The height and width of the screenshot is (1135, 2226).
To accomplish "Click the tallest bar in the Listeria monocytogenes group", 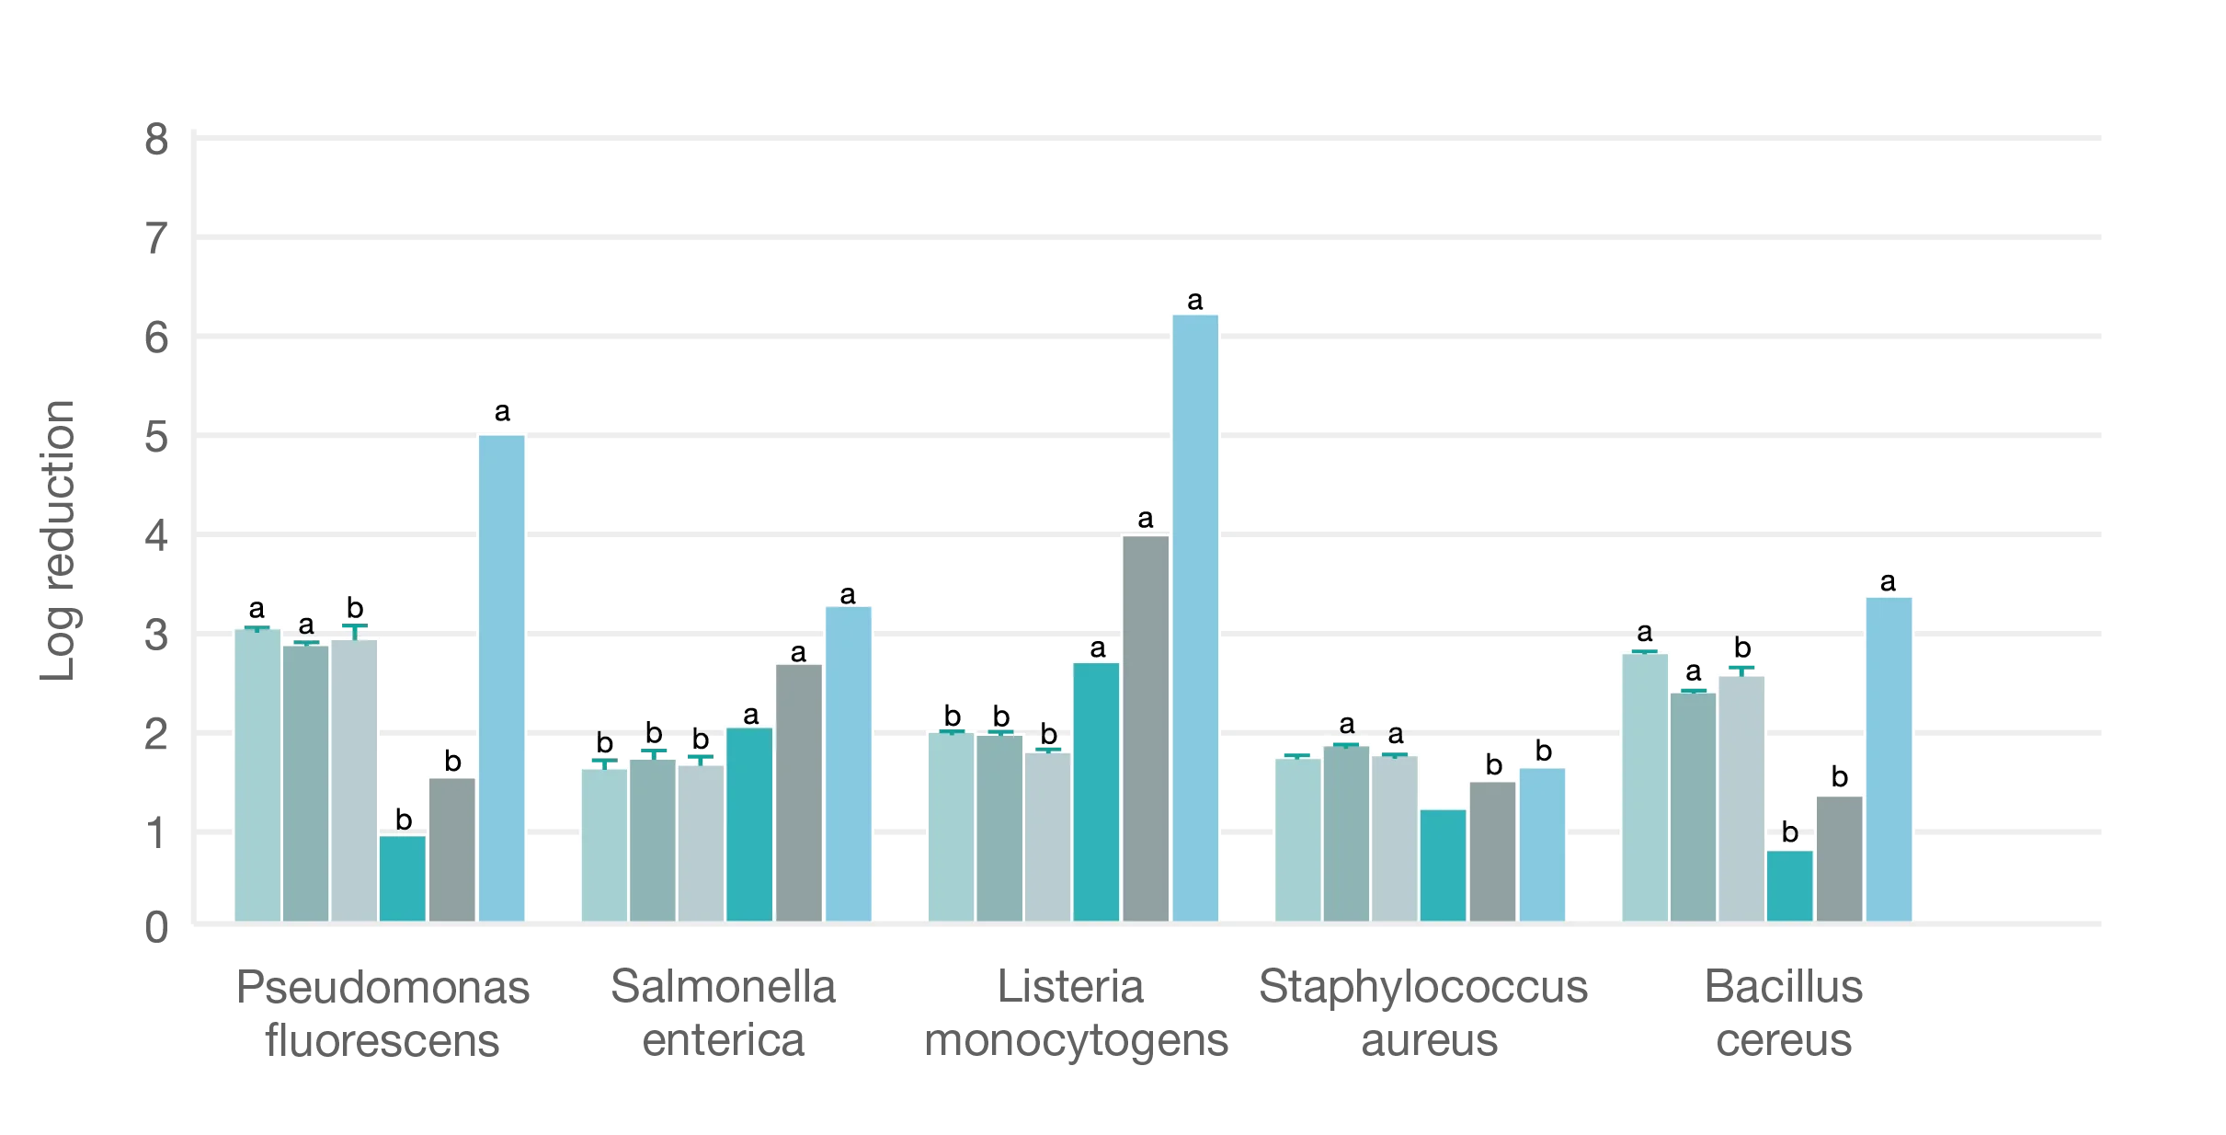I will (1195, 616).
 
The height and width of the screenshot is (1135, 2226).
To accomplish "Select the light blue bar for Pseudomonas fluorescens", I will (502, 677).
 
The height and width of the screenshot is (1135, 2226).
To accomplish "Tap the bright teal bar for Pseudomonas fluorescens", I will (403, 877).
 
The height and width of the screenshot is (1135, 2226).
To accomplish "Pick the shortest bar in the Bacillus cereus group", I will (1789, 885).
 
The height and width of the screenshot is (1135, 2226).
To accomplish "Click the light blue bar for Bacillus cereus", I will (1889, 758).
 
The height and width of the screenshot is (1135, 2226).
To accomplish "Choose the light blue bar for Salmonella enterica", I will (849, 762).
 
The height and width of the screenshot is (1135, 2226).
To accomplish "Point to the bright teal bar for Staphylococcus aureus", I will (1443, 865).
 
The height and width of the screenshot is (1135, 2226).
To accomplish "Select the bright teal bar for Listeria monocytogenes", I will (1096, 791).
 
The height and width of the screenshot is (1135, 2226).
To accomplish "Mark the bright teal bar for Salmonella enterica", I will (749, 823).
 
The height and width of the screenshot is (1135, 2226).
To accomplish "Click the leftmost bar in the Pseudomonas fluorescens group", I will (257, 774).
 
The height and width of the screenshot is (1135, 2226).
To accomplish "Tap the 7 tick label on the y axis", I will (154, 241).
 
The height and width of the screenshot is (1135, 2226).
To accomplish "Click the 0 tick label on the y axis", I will (154, 927).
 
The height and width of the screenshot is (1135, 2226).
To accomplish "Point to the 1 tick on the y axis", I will (154, 832).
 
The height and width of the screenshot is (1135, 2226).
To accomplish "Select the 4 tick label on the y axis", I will (154, 536).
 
